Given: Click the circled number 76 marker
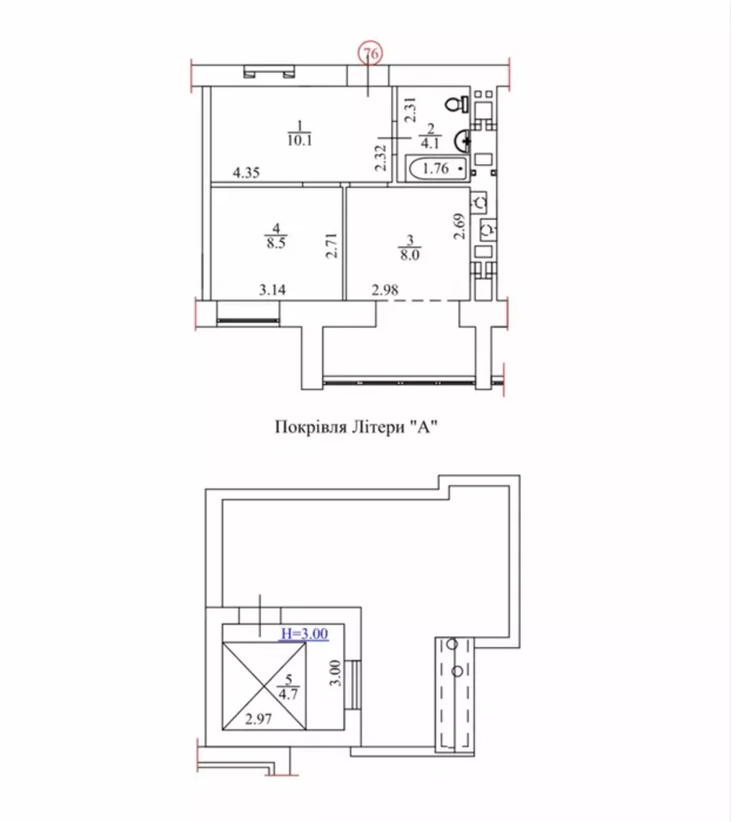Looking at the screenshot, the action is point(371,53).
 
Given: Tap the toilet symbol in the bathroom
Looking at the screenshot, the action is point(457,104).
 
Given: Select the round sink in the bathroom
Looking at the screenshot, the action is point(462,140).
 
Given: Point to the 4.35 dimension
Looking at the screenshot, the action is point(246,173).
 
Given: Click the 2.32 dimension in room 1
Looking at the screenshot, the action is point(380,158).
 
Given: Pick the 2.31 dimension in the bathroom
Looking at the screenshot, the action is point(410,110).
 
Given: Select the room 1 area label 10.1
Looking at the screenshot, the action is point(300,140).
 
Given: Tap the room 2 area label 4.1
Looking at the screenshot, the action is point(430,143).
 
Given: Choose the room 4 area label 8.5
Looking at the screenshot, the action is point(276,242).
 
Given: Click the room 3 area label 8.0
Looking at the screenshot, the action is point(410,254).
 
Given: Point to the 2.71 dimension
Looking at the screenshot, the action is point(332,246).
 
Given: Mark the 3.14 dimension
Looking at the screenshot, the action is point(272,290).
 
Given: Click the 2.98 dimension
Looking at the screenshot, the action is point(385,290).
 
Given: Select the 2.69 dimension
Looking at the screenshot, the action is point(460,227).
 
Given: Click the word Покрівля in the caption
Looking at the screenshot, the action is point(311,427).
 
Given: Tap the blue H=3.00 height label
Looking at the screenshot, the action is point(305,634).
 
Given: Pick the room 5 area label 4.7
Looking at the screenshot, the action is point(288,694).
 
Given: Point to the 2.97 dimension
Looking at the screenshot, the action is point(258,719).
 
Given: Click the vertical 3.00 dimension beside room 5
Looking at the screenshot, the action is point(335,673).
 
